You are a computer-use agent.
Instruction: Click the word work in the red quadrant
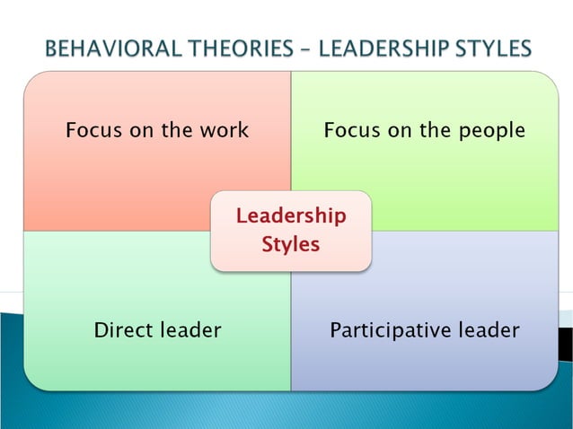(225, 130)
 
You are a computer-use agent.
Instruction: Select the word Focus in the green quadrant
(350, 130)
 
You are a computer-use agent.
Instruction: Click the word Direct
(123, 330)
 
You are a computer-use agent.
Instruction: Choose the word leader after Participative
(486, 330)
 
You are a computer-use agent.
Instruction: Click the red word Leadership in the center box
(290, 216)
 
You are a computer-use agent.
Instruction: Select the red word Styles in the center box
(290, 244)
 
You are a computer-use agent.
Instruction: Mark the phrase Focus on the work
(157, 130)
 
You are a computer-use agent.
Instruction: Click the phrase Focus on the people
(424, 130)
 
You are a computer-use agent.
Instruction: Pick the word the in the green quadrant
(436, 130)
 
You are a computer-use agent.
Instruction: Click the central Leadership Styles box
(290, 231)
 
